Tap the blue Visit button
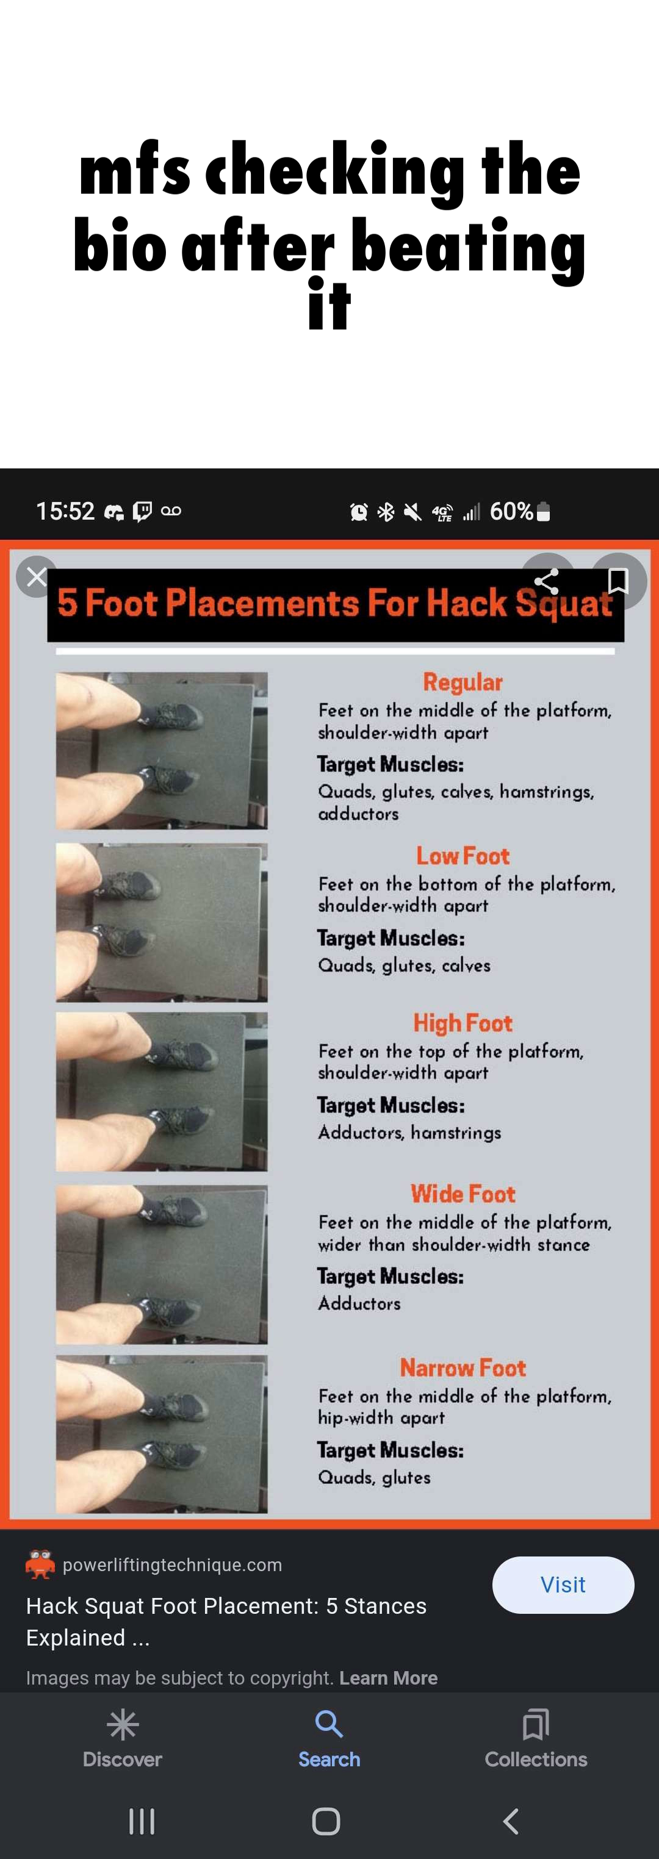563,1585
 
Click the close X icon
37,576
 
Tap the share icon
546,581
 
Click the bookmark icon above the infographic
618,581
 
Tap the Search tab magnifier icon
329,1725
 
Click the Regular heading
463,682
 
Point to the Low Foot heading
463,856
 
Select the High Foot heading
463,1023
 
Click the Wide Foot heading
463,1194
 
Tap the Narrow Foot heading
463,1367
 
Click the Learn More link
388,1678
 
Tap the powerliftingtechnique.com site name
173,1564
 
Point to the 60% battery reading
511,512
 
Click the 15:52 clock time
65,512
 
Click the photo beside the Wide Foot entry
162,1264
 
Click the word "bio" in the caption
120,245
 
